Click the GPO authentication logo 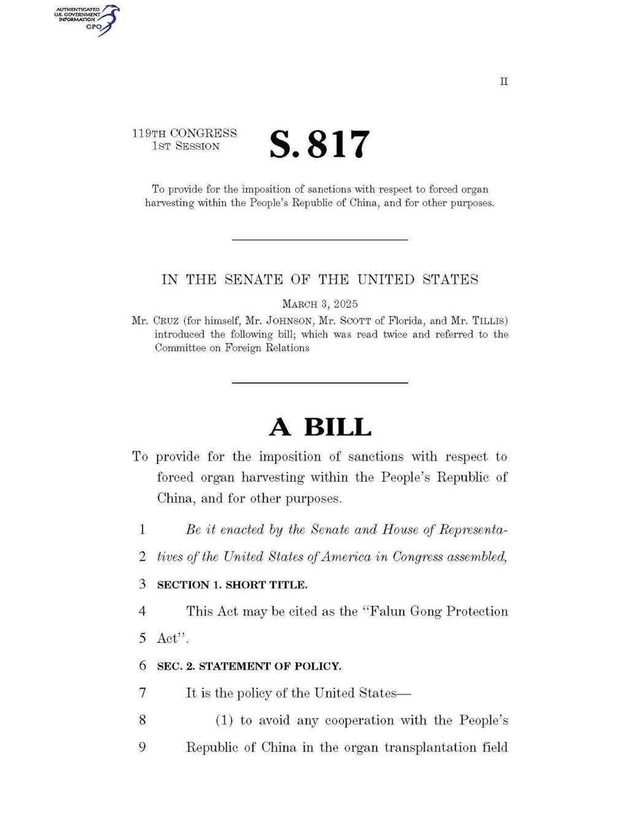point(87,19)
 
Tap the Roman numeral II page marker point(504,82)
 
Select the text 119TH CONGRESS point(184,133)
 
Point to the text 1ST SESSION point(186,146)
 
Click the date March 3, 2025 point(320,304)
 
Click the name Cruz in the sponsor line point(166,321)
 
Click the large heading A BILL point(320,427)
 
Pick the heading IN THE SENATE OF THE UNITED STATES point(320,279)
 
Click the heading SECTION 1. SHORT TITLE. point(232,585)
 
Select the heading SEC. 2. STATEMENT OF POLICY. point(249,666)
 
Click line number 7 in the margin point(142,693)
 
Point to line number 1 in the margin point(142,529)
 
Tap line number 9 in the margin point(142,747)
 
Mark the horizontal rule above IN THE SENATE point(320,239)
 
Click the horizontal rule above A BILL point(320,383)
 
